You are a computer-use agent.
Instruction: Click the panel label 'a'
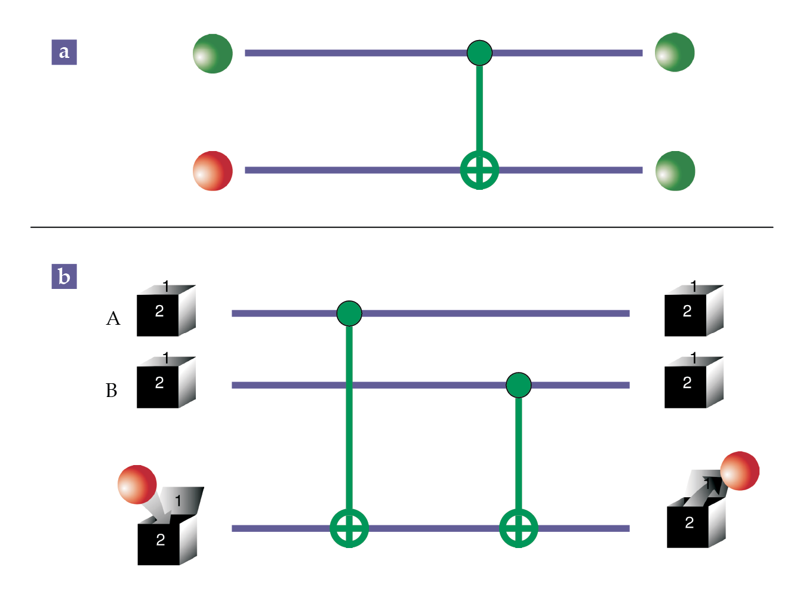[x=64, y=52]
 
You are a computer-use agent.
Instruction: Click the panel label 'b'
[x=64, y=276]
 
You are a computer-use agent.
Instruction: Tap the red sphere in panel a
[x=213, y=171]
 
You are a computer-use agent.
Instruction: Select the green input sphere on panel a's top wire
[x=213, y=54]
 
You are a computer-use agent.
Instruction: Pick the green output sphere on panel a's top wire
[x=675, y=53]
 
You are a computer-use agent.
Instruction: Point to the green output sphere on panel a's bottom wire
[x=675, y=171]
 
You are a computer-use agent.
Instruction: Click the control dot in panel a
[x=479, y=53]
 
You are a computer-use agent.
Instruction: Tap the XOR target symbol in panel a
[x=479, y=170]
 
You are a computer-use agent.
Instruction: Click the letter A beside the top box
[x=113, y=319]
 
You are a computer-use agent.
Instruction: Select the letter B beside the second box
[x=112, y=390]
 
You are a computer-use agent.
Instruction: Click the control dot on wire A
[x=349, y=313]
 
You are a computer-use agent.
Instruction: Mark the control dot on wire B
[x=518, y=385]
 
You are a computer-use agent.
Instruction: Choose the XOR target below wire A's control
[x=349, y=528]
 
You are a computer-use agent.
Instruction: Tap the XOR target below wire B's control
[x=518, y=528]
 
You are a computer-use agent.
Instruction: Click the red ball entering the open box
[x=137, y=485]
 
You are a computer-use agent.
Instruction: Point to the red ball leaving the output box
[x=740, y=471]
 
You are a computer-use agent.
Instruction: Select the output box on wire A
[x=693, y=311]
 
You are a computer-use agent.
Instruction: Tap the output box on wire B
[x=693, y=383]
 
